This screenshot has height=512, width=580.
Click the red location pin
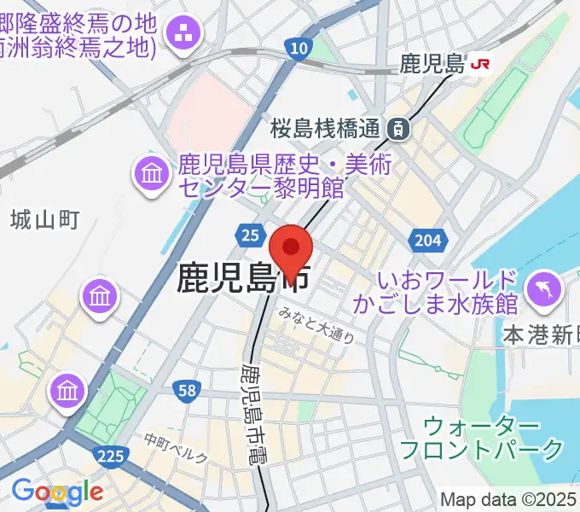coord(291,249)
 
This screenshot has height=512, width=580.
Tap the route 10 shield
coord(298,50)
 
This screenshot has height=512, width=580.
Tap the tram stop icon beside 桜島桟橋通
coord(397,129)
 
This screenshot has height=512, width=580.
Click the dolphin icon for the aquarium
coord(542,288)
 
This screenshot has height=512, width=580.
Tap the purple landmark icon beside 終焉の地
coord(184,34)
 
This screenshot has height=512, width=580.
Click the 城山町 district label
coord(45,221)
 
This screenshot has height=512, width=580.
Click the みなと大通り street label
coord(316,330)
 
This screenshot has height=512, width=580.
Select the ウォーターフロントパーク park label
coord(483,437)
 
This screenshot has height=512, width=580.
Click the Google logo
coord(57,491)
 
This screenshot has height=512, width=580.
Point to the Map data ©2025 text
coord(509,499)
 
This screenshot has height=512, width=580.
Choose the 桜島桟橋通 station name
coord(324,130)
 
